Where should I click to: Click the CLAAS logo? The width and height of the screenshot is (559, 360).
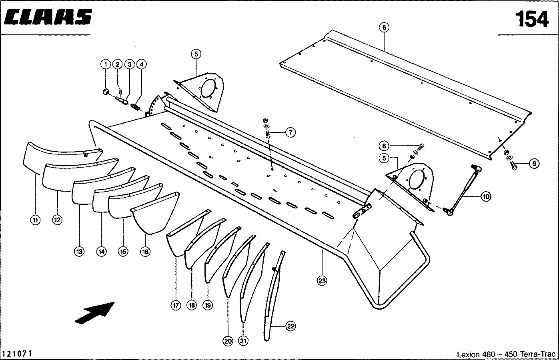(48, 17)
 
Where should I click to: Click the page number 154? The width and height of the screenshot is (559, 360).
(532, 19)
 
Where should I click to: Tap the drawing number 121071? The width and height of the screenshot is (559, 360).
(17, 354)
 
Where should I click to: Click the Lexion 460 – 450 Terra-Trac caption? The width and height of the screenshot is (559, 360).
(506, 354)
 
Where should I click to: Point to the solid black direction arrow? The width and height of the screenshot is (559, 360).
(95, 313)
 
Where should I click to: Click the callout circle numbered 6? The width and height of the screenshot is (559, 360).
(384, 28)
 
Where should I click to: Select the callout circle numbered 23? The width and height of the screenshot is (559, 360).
(322, 281)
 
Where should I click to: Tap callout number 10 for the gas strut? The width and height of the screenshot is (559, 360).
(486, 196)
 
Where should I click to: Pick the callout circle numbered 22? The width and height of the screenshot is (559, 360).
(291, 326)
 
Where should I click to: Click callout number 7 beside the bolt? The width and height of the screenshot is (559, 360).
(291, 132)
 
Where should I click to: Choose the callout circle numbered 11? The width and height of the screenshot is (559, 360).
(35, 220)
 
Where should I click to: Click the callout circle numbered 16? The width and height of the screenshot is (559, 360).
(145, 252)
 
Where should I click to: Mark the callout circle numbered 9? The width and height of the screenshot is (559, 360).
(534, 164)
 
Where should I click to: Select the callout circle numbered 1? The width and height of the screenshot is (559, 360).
(106, 64)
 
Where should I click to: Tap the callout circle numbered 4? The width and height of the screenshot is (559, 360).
(142, 64)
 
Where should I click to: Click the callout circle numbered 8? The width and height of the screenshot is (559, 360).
(384, 146)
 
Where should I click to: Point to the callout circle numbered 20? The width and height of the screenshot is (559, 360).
(228, 341)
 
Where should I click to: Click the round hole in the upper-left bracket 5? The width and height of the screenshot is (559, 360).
(208, 88)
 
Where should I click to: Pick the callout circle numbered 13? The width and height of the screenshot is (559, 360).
(79, 252)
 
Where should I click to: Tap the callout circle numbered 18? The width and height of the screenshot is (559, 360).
(192, 305)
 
